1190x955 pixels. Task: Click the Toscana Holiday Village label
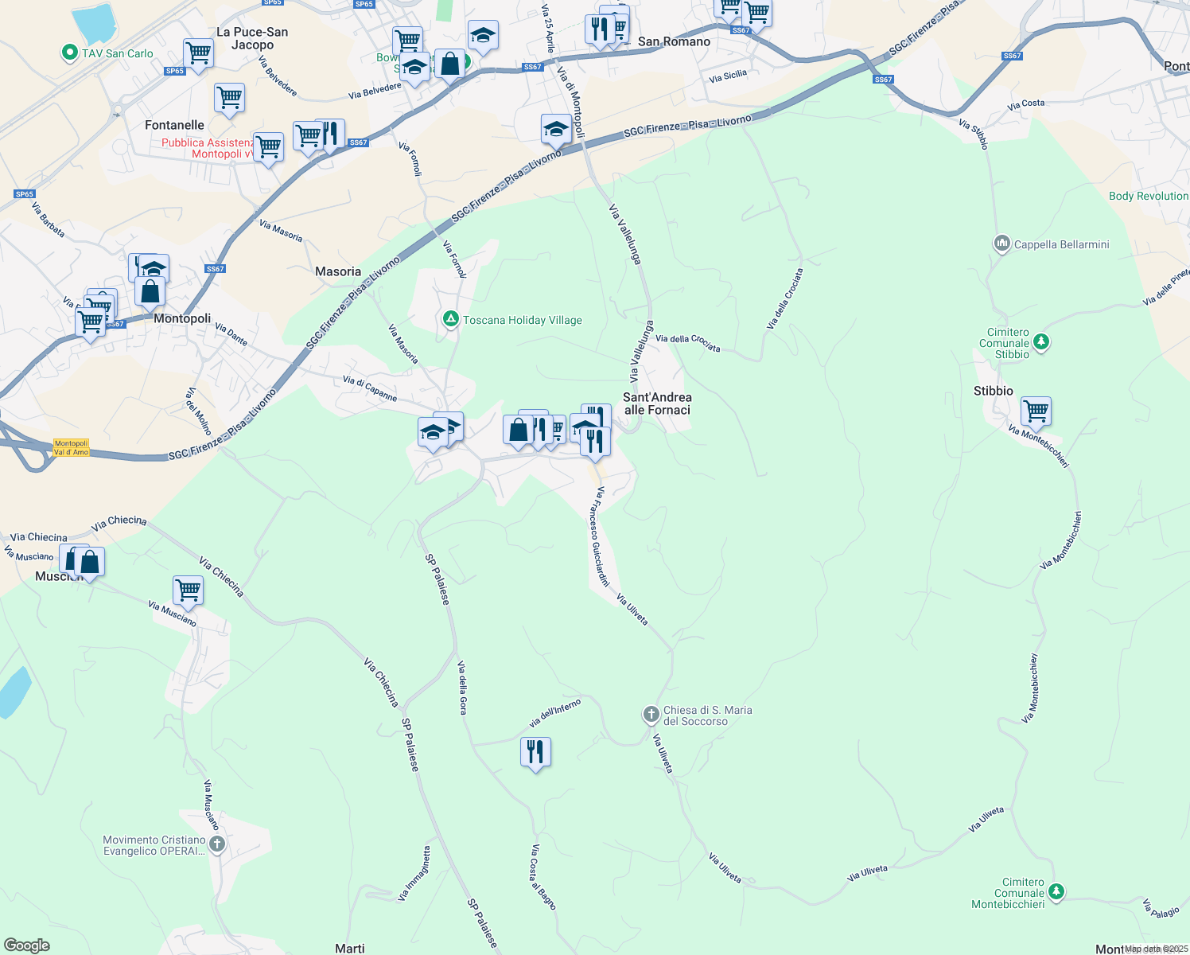pyautogui.click(x=523, y=320)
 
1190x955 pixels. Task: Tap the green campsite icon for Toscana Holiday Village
pyautogui.click(x=451, y=319)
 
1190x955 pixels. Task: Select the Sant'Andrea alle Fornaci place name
pyautogui.click(x=657, y=403)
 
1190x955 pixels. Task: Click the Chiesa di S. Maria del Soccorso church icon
pyautogui.click(x=651, y=715)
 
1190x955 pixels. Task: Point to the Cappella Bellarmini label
pyautogui.click(x=1061, y=244)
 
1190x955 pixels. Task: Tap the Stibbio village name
pyautogui.click(x=994, y=391)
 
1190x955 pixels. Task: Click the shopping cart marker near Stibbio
pyautogui.click(x=1036, y=411)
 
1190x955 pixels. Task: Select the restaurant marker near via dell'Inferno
pyautogui.click(x=535, y=750)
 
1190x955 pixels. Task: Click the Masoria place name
pyautogui.click(x=338, y=271)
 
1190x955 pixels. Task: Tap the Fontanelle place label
pyautogui.click(x=174, y=125)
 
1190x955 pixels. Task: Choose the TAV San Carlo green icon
pyautogui.click(x=70, y=53)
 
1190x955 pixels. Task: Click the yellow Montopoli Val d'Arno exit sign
pyautogui.click(x=71, y=448)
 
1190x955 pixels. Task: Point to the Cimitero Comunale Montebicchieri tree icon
pyautogui.click(x=1056, y=891)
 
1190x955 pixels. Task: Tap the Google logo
pyautogui.click(x=27, y=945)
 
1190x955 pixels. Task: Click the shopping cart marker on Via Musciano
pyautogui.click(x=188, y=591)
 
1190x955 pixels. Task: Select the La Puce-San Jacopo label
pyautogui.click(x=252, y=38)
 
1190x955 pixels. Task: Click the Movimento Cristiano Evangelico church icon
pyautogui.click(x=216, y=844)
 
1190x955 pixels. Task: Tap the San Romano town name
pyautogui.click(x=674, y=41)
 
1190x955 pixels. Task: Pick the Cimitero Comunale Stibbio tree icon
pyautogui.click(x=1040, y=343)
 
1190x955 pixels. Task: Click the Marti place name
pyautogui.click(x=350, y=948)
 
